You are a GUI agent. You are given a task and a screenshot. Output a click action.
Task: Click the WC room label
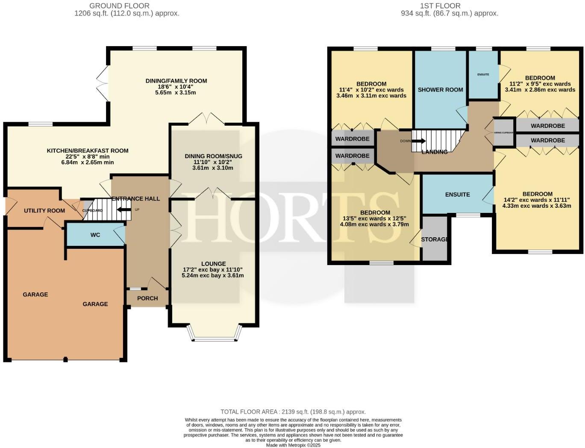click(x=95, y=235)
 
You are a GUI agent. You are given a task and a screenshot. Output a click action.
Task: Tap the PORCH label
click(x=147, y=298)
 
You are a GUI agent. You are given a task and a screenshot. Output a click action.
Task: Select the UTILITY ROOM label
click(x=44, y=210)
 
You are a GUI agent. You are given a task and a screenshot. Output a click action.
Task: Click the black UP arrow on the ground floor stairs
click(x=124, y=209)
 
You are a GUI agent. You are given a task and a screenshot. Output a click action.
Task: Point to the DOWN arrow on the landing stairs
click(x=419, y=141)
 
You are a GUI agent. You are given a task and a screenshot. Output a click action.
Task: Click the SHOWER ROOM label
click(x=440, y=90)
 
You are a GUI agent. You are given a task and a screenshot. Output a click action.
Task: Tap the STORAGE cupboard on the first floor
click(x=435, y=239)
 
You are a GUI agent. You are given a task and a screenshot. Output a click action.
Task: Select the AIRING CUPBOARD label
click(x=504, y=133)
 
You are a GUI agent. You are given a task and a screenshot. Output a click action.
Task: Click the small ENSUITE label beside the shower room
click(x=483, y=74)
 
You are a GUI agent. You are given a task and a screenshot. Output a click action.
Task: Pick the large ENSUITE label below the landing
click(x=457, y=195)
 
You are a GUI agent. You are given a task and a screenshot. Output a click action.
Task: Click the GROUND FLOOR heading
click(x=119, y=6)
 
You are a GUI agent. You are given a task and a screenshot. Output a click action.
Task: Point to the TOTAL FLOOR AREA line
click(x=293, y=412)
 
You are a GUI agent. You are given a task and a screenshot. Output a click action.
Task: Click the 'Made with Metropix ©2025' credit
click(x=293, y=445)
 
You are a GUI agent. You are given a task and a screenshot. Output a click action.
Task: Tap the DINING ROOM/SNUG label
click(x=213, y=156)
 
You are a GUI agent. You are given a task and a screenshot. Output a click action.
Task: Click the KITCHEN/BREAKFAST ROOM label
click(x=88, y=150)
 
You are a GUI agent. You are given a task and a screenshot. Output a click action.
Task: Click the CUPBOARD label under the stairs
click(x=93, y=211)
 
